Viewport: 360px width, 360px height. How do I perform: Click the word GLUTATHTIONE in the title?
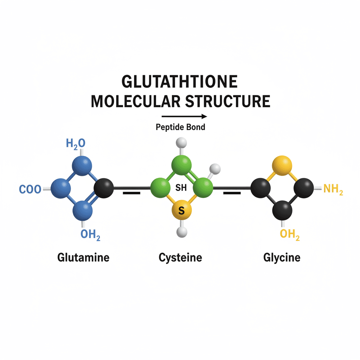coord(180,82)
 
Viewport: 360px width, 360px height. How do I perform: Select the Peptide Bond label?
coord(180,127)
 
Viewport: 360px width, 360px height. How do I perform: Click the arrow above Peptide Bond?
coord(184,116)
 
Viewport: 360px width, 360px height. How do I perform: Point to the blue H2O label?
coord(76,143)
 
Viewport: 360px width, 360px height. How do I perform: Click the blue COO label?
coord(30,189)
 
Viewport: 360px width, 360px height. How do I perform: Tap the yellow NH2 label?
coord(333,189)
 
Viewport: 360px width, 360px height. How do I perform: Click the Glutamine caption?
coord(83,257)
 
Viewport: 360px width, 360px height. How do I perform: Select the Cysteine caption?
coord(180,258)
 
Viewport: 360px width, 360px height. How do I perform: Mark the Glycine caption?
coord(282,257)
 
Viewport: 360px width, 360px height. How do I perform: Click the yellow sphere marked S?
coord(182,211)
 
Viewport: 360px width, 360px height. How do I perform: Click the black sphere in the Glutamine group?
coord(104,188)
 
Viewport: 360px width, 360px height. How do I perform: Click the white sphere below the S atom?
coord(182,232)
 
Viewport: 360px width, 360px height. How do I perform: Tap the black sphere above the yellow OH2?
coord(282,210)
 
